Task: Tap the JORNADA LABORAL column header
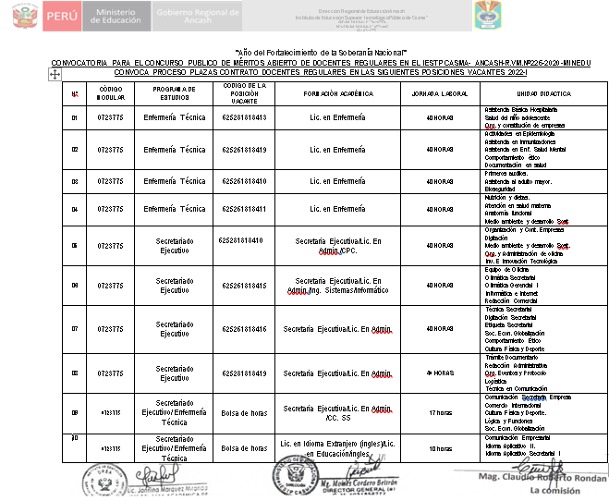tap(439, 94)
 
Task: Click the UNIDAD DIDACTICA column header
tap(543, 94)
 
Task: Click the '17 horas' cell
tap(439, 413)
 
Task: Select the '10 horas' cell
tap(439, 448)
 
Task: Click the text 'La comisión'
tap(554, 491)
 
